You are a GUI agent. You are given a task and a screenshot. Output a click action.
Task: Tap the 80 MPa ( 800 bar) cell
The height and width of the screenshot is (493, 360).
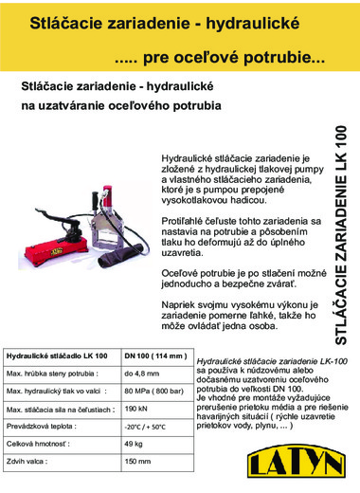coord(153,390)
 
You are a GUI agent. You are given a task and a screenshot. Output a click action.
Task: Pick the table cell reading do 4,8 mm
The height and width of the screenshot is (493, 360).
coord(142,373)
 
